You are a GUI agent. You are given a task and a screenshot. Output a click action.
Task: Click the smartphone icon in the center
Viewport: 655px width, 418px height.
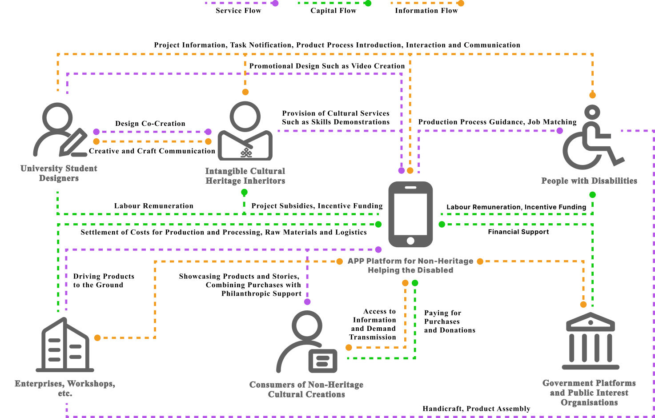pos(410,214)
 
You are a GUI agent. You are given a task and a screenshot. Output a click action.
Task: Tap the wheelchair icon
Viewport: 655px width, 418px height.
pos(592,138)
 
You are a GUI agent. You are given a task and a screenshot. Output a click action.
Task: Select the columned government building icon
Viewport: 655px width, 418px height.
pos(590,341)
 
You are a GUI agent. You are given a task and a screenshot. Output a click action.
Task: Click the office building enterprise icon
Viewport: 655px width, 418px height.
pos(65,345)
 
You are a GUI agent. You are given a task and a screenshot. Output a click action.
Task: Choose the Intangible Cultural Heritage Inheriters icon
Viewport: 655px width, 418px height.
pos(245,131)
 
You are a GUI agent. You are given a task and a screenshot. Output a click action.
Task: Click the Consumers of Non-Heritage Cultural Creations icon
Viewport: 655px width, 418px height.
pos(306,342)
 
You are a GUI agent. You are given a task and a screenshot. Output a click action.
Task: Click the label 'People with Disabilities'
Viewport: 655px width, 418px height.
pos(589,181)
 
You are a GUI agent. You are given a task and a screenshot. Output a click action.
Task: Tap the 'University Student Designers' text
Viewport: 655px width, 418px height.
pos(59,173)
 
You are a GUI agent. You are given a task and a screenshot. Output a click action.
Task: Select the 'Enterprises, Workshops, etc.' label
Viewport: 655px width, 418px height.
pos(65,388)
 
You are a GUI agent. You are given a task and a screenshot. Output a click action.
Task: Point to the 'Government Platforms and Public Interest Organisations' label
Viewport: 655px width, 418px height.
pos(589,393)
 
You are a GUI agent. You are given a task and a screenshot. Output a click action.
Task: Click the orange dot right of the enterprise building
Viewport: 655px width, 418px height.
pos(97,338)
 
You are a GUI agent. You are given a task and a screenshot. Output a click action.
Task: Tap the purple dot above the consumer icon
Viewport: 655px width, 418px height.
pos(307,302)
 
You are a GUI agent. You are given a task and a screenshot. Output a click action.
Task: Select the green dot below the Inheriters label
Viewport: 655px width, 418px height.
pos(244,193)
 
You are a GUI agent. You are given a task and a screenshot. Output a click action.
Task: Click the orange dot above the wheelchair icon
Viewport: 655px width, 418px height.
pos(592,95)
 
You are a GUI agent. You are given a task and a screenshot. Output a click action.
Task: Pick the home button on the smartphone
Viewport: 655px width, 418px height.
pos(410,241)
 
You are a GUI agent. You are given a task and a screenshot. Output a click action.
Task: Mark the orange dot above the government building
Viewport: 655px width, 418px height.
pos(583,305)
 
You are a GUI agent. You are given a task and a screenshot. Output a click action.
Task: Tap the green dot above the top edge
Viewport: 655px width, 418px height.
pos(368,4)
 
